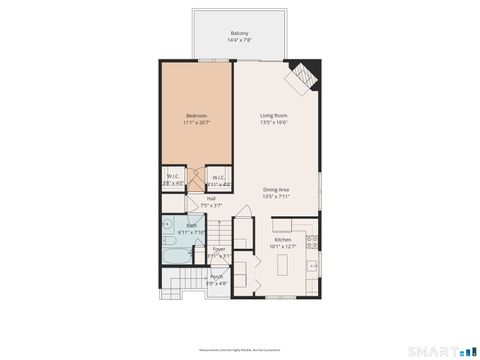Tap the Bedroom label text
pos(196,116)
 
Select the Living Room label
pos(274,116)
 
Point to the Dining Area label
pos(276,190)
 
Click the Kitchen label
pos(284,240)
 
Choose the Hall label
pos(212,198)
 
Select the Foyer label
pos(218,249)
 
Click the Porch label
pos(217,277)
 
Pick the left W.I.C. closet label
pos(172,178)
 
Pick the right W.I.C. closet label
pos(218,178)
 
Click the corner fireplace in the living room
pos(302,74)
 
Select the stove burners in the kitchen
pos(312,241)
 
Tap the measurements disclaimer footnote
pos(240,351)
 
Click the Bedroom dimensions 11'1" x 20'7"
pos(196,123)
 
